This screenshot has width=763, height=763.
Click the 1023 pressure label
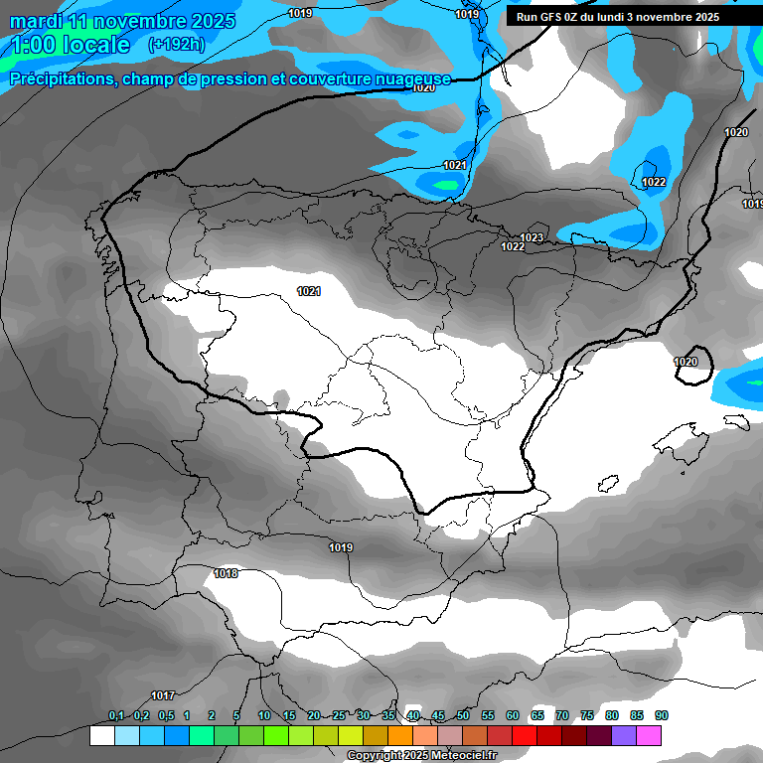(532, 237)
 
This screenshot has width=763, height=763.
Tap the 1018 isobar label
(226, 573)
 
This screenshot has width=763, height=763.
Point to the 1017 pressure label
(163, 695)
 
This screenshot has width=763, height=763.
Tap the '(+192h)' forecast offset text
(177, 44)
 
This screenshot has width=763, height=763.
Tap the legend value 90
(662, 715)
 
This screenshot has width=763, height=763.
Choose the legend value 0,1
(116, 715)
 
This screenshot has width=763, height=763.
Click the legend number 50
(463, 715)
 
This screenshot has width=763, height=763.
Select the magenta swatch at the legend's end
(649, 735)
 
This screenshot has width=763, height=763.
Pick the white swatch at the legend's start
(102, 735)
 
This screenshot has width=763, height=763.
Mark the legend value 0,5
(166, 715)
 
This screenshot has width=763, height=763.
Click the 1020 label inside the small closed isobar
(686, 362)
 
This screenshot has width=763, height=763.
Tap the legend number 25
(339, 715)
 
